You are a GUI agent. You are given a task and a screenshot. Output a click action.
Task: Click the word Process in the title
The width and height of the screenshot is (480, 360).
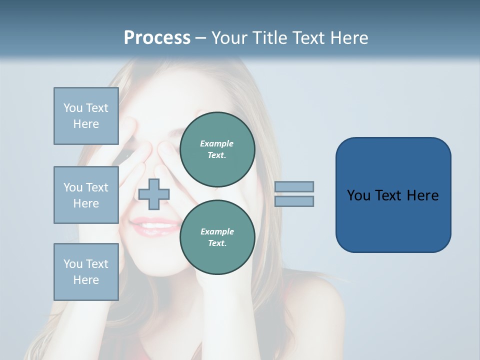tap(157, 38)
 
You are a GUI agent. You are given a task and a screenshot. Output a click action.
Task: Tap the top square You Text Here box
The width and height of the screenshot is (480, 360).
tap(86, 116)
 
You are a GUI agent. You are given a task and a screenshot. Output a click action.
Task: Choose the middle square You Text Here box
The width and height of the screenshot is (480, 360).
tap(86, 195)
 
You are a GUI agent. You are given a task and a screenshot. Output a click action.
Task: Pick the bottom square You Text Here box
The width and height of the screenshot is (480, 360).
tap(86, 272)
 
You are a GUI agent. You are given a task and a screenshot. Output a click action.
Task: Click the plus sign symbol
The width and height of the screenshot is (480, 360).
tap(154, 194)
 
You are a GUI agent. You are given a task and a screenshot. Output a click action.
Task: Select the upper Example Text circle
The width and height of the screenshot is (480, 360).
tap(217, 149)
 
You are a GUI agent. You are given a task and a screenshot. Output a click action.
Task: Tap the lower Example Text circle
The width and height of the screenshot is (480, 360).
tap(217, 237)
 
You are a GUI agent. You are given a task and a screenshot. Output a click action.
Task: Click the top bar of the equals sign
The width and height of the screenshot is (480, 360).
tap(294, 186)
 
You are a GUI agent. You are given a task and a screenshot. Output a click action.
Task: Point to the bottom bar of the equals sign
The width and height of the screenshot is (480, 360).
tap(294, 201)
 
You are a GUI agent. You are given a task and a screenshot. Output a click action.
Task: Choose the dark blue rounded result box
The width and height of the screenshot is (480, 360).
tap(393, 195)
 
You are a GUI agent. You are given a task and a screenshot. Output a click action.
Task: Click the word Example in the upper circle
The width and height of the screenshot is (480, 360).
tap(217, 143)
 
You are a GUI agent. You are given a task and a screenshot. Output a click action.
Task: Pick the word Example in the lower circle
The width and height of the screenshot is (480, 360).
tap(217, 231)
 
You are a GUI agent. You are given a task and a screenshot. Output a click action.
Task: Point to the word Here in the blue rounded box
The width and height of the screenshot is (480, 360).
tap(422, 195)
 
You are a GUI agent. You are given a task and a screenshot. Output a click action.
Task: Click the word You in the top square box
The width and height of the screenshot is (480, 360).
tap(73, 108)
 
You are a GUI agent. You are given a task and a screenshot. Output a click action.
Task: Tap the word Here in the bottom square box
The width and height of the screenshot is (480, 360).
tap(86, 280)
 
